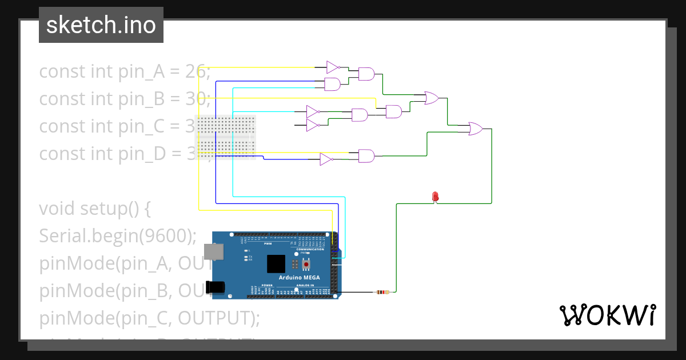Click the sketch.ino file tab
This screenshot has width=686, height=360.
(x=101, y=25)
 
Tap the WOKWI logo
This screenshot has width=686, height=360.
(x=607, y=315)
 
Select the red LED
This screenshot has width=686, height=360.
(x=435, y=197)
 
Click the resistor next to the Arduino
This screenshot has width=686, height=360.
(x=381, y=293)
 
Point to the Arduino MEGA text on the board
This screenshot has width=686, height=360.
(x=299, y=278)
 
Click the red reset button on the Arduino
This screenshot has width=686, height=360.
(x=306, y=265)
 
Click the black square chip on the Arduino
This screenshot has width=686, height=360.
(x=276, y=263)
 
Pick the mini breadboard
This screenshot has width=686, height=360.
(x=226, y=134)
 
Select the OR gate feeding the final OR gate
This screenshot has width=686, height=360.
(x=432, y=98)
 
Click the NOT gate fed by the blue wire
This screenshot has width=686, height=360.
(x=326, y=159)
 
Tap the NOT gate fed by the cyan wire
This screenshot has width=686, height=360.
(x=313, y=111)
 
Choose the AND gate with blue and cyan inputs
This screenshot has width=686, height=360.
(x=332, y=85)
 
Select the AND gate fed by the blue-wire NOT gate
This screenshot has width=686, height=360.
(x=366, y=155)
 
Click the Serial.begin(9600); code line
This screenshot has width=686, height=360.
(x=118, y=235)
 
